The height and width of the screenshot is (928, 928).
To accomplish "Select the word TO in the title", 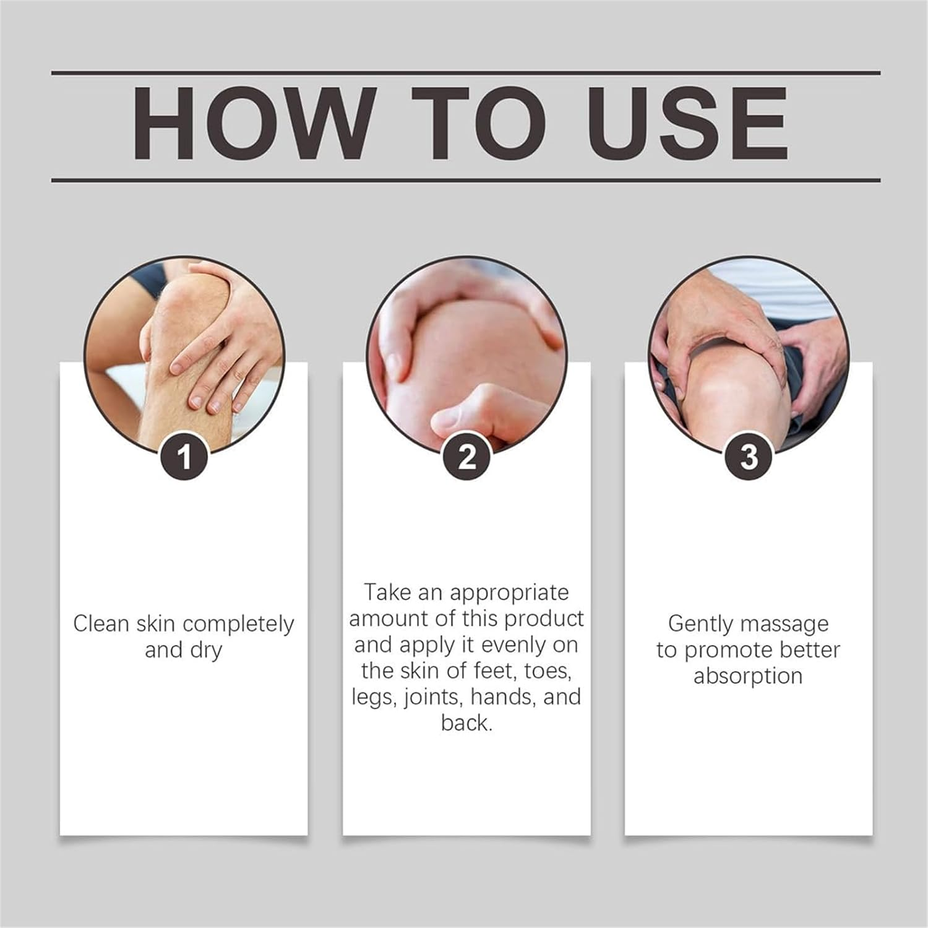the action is [480, 123].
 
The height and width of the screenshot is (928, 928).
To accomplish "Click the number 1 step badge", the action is [184, 458].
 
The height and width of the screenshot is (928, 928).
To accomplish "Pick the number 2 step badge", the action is [467, 458].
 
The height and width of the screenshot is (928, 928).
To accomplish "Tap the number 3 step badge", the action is [749, 458].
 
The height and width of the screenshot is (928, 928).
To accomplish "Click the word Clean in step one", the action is [101, 624].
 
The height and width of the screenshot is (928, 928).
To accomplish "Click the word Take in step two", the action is [387, 593].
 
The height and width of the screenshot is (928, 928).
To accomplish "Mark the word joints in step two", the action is [434, 698].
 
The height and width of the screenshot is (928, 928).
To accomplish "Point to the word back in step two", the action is [467, 723].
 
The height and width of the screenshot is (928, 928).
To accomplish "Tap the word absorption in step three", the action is [748, 677].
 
